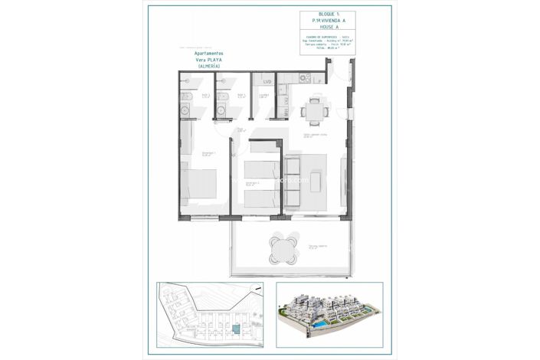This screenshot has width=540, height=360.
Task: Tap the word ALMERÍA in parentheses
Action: tap(208, 67)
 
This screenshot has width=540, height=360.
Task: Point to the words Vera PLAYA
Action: tap(208, 61)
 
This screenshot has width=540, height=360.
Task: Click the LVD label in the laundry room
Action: tap(267, 80)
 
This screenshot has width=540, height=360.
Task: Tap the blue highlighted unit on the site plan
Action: tap(236, 329)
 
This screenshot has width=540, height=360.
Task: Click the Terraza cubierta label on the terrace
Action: tap(317, 246)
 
